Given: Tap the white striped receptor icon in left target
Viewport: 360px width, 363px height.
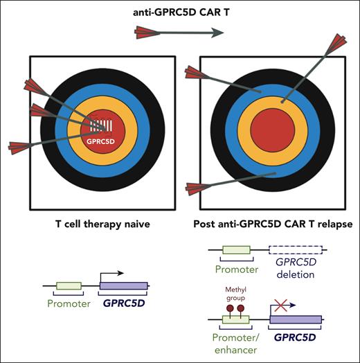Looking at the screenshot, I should pos(101,126).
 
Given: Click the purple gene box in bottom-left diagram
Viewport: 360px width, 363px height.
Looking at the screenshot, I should pos(124,285).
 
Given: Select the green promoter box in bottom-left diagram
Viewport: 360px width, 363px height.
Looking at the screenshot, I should pos(70,285).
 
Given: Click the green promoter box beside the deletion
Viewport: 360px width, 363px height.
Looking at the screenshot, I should pos(236,253).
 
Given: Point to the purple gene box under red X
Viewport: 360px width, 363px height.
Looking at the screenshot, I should pos(296,320).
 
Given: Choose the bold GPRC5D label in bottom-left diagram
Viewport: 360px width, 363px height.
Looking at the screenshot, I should pos(125,302).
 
